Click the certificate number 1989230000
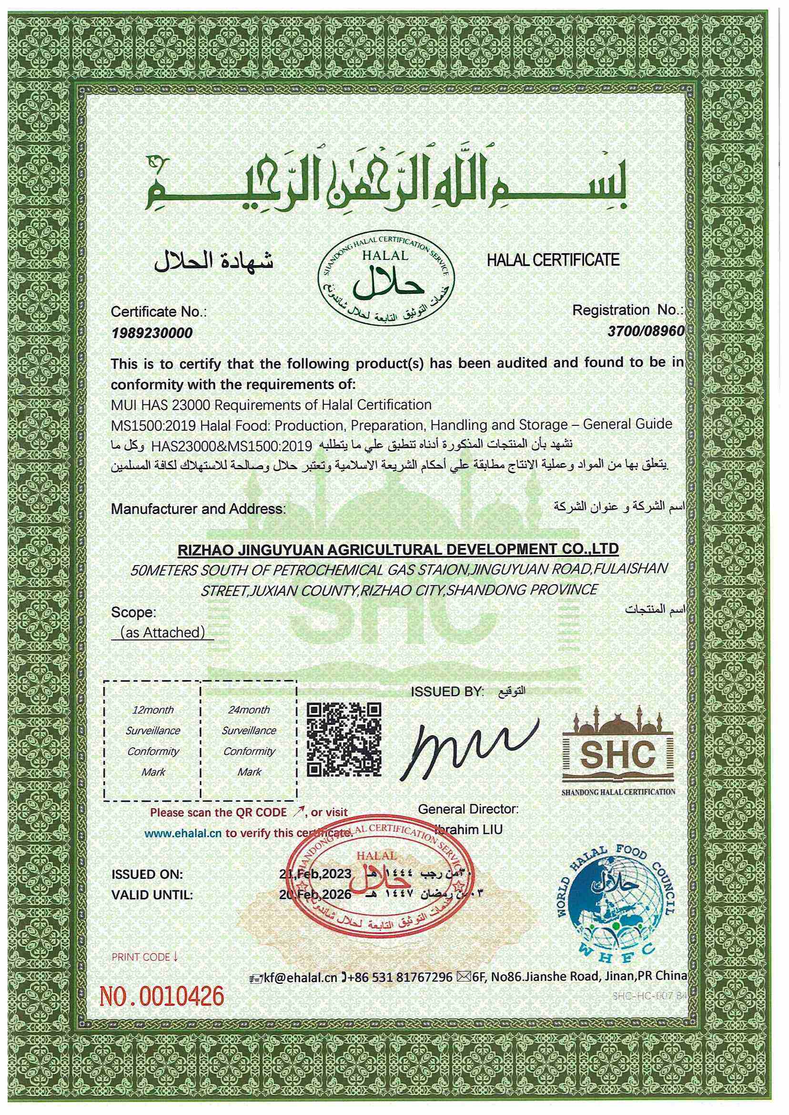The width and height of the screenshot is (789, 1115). (x=152, y=333)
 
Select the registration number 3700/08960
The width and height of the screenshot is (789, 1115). (x=646, y=331)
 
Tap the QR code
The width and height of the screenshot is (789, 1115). (x=344, y=739)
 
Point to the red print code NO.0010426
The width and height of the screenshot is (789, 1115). (x=162, y=996)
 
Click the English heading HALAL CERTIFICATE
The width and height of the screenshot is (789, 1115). (x=553, y=259)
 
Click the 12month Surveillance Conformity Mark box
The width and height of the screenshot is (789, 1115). (x=153, y=741)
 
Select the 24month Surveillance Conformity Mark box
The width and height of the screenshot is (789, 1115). (x=249, y=741)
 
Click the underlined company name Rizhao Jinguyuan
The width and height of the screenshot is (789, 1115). (x=398, y=549)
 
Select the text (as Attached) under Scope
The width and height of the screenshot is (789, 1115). (x=162, y=632)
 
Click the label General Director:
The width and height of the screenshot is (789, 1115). (x=468, y=809)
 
